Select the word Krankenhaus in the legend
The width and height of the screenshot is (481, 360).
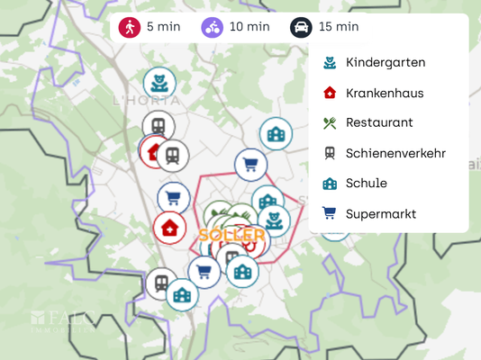pos(384,93)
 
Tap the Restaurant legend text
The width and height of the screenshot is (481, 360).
pos(378,122)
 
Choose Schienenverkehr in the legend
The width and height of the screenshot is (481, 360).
pos(395,153)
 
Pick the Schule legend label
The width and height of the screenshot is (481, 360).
pos(366,183)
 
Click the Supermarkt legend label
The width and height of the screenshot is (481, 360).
pos(380,213)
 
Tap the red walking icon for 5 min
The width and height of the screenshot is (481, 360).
pos(130,27)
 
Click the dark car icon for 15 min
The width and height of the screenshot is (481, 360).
pos(302,27)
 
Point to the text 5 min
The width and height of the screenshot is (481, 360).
pos(163,27)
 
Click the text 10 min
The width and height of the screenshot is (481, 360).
pos(250,27)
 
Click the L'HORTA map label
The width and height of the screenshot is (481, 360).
pos(147,101)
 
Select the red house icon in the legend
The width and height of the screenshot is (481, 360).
pos(330,93)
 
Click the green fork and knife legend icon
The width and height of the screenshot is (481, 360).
pos(330,122)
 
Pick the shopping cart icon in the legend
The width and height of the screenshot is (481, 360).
pos(330,213)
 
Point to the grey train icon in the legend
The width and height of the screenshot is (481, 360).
pos(330,153)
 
